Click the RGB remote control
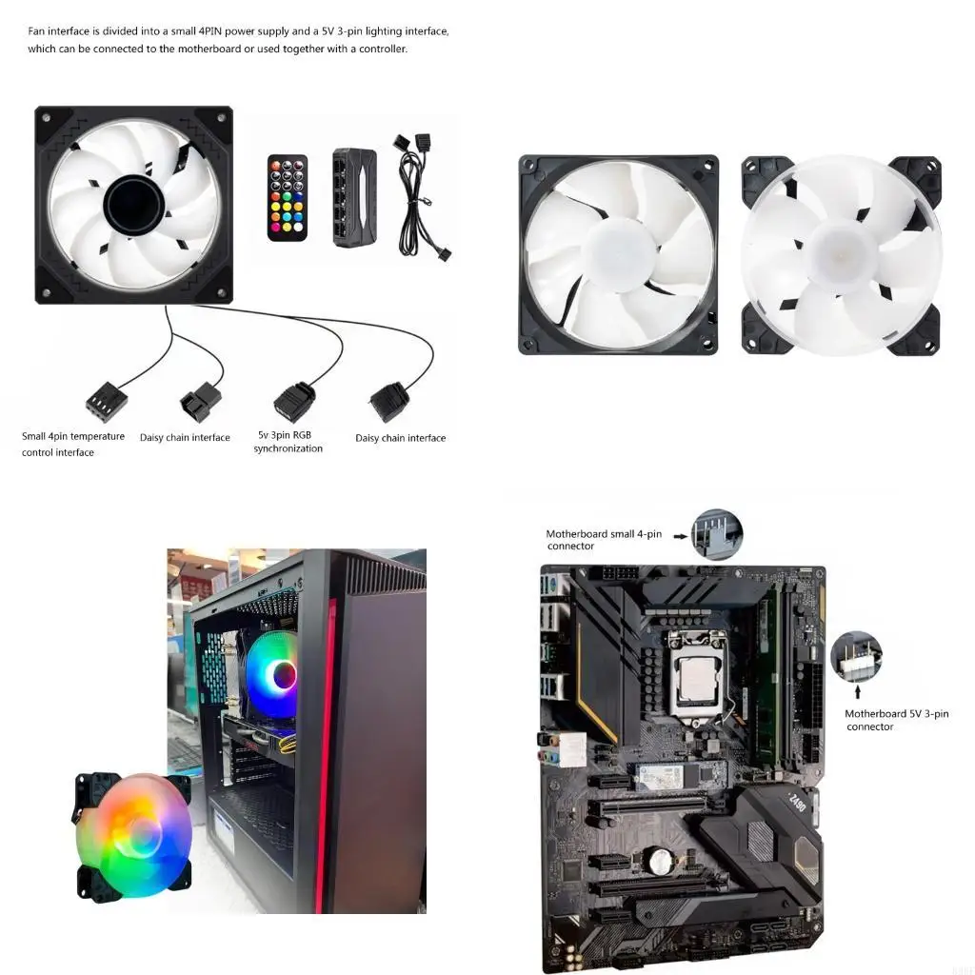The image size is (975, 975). (x=288, y=196)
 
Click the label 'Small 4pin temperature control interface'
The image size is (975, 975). (x=73, y=445)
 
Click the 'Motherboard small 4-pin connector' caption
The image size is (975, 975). (x=604, y=540)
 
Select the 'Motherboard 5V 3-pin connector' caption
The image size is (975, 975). (x=896, y=720)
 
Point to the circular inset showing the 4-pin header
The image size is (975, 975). (x=717, y=534)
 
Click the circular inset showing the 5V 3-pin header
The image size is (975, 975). (x=856, y=657)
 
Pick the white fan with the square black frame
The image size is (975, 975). (x=618, y=255)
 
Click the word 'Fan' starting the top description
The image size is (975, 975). (x=37, y=31)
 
